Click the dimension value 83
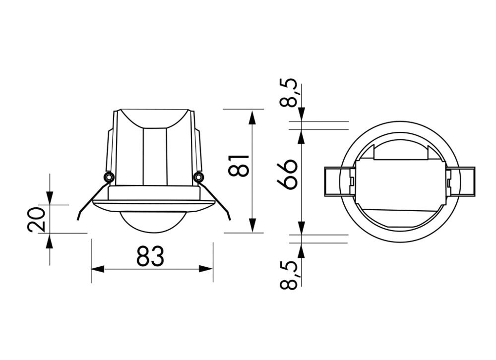[x=150, y=257]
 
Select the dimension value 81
[x=239, y=165]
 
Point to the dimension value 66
[x=288, y=175]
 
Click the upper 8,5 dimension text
[x=289, y=93]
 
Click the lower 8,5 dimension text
[x=289, y=275]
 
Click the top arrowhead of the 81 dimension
[x=252, y=117]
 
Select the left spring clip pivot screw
[x=108, y=177]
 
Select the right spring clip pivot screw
[x=198, y=177]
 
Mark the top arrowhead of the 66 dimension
[x=301, y=135]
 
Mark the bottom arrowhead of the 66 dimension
[x=301, y=229]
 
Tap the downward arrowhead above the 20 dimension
[x=50, y=198]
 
